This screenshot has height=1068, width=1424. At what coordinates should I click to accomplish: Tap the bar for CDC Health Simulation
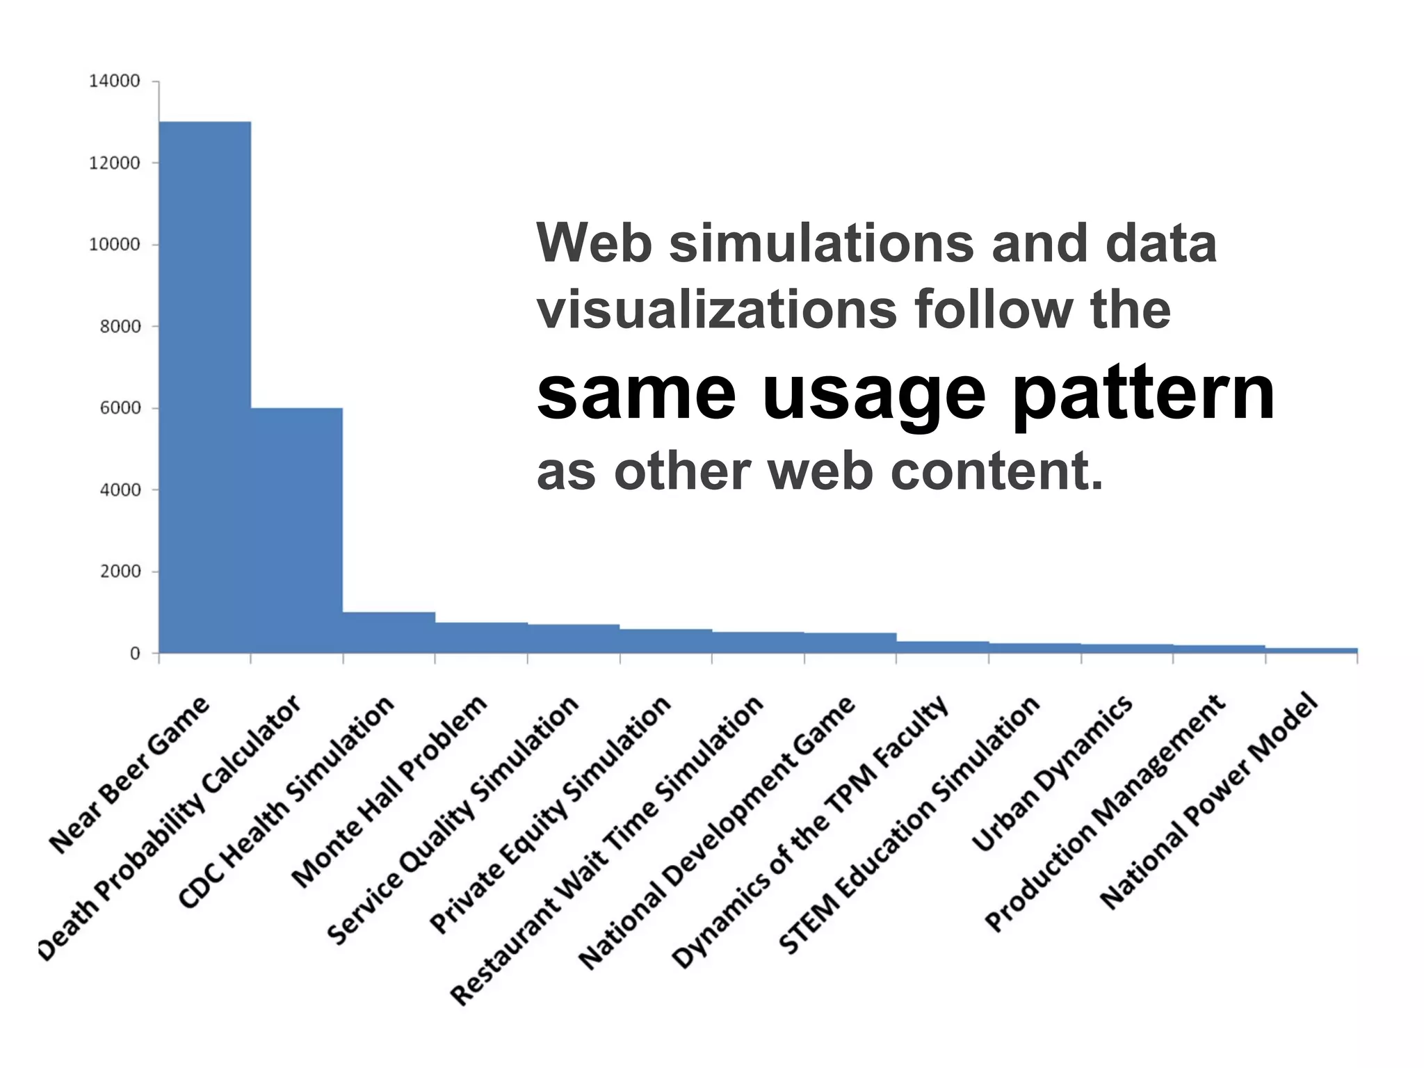point(389,633)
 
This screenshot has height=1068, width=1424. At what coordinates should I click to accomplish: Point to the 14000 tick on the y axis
point(114,81)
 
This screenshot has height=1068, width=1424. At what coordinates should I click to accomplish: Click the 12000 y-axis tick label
point(114,163)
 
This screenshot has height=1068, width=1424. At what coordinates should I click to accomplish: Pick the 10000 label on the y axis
point(114,245)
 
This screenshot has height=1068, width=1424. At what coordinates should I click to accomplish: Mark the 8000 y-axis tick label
point(120,327)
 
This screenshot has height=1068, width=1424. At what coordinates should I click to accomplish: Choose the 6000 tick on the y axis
point(120,408)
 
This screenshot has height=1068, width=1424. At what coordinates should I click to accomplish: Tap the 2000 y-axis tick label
point(120,572)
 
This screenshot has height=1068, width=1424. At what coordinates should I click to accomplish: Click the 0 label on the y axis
point(135,654)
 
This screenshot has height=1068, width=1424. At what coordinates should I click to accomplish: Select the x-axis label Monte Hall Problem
point(389,791)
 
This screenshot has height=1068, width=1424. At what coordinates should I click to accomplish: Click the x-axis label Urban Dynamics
point(1052,772)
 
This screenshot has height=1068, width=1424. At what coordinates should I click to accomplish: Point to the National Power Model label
point(1208,800)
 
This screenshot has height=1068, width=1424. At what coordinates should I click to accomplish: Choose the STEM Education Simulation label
point(909,824)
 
